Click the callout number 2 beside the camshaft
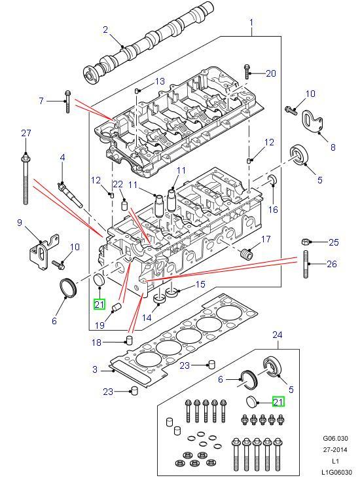[105, 29]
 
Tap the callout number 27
[26, 134]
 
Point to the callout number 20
[271, 73]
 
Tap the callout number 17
[266, 240]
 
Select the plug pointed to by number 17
[247, 253]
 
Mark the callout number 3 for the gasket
[95, 370]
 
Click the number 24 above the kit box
[278, 335]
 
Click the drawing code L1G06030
[336, 472]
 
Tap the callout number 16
[274, 210]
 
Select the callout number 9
[20, 223]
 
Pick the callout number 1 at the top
[251, 24]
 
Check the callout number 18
[96, 342]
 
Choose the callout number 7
[41, 101]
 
